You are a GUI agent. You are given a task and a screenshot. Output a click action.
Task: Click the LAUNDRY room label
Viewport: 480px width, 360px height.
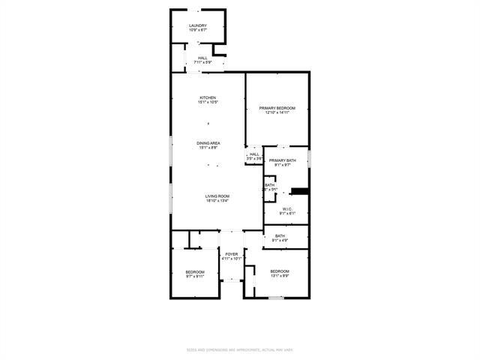click(198, 25)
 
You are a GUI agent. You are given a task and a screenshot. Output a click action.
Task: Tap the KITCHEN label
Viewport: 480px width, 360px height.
click(208, 97)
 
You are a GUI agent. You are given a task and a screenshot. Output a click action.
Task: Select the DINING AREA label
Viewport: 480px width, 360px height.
click(208, 142)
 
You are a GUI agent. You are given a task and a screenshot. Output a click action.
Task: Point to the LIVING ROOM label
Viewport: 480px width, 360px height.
click(217, 196)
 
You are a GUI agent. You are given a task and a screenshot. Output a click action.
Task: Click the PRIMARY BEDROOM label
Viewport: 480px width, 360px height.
click(277, 108)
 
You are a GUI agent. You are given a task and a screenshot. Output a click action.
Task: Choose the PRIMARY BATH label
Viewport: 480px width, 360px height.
click(283, 160)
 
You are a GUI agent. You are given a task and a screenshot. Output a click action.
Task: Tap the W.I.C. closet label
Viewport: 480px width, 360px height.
click(286, 208)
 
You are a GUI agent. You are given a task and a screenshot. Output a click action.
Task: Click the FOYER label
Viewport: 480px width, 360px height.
click(232, 254)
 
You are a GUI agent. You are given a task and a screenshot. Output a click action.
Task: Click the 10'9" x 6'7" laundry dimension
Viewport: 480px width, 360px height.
click(198, 31)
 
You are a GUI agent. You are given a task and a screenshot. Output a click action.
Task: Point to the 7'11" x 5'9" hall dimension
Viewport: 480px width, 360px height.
click(203, 62)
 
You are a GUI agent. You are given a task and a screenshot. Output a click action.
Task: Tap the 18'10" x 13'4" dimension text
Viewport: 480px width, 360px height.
click(217, 201)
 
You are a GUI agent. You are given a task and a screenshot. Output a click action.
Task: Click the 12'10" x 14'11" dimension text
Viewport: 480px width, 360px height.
click(277, 113)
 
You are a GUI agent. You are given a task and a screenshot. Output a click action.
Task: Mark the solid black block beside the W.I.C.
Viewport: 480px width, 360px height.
click(299, 191)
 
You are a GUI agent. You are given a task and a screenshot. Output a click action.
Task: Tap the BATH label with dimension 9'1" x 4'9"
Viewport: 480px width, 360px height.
click(280, 236)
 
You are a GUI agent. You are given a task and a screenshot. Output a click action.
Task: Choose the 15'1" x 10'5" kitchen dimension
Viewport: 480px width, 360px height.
click(208, 102)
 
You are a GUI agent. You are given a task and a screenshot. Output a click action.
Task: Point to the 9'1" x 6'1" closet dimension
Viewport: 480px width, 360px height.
click(286, 214)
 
